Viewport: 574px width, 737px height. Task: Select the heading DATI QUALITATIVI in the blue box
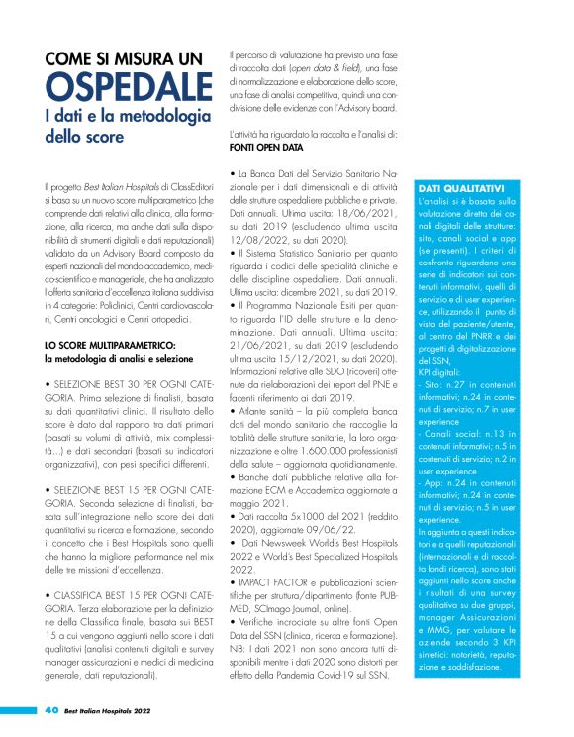click(x=435, y=188)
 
